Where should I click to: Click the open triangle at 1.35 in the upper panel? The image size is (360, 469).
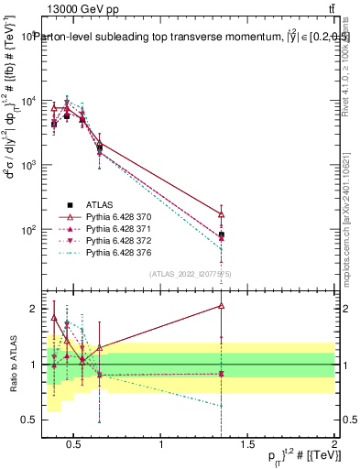pyautogui.click(x=222, y=214)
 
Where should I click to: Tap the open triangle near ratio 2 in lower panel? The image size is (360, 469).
pyautogui.click(x=222, y=306)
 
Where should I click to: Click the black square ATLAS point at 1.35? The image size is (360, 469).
pyautogui.click(x=222, y=234)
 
